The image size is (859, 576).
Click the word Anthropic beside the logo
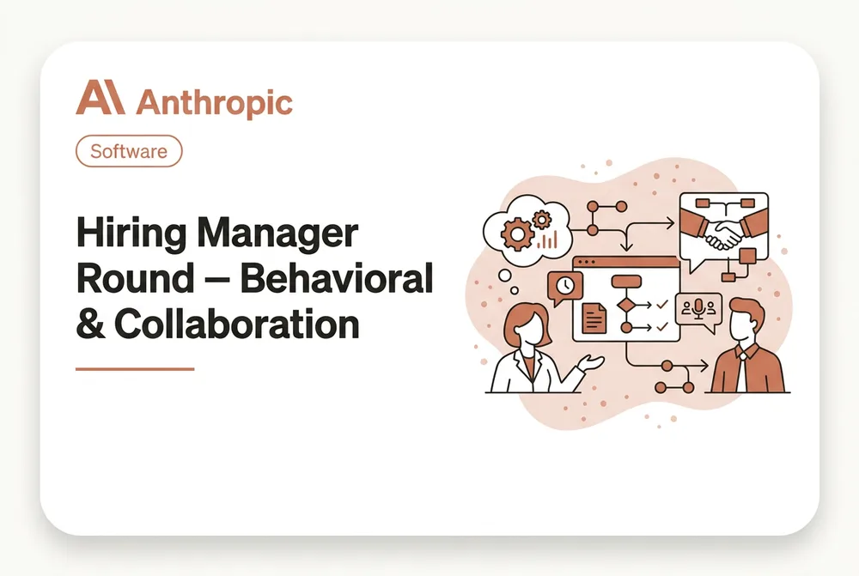[214, 102]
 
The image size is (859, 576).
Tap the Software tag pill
[129, 151]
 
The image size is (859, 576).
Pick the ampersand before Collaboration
[90, 324]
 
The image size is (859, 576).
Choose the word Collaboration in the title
[237, 324]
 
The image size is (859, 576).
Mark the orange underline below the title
[135, 369]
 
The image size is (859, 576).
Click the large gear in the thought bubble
[516, 234]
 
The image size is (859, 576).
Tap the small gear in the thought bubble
[542, 220]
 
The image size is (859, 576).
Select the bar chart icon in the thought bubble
[547, 239]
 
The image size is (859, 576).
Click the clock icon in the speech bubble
[565, 285]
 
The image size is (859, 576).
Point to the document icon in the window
[594, 318]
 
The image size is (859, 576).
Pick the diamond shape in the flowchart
[626, 305]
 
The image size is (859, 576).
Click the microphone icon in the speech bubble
[698, 308]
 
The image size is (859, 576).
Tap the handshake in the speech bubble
[723, 233]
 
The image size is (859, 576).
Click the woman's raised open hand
[592, 362]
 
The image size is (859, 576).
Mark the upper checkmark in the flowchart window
[662, 304]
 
